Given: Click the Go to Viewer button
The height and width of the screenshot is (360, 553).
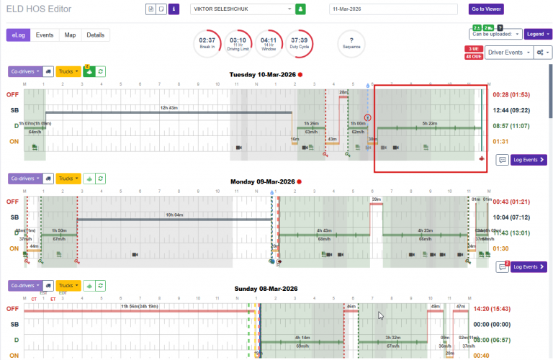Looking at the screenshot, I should (x=486, y=9).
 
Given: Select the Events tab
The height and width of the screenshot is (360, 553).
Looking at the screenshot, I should (x=45, y=35).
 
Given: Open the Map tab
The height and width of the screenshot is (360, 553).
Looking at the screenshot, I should (x=70, y=35).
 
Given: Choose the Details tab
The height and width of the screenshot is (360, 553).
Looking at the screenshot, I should (x=95, y=35).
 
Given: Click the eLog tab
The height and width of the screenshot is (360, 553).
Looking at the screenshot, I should (x=19, y=35).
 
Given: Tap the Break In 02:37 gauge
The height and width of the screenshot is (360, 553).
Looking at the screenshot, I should (x=207, y=44).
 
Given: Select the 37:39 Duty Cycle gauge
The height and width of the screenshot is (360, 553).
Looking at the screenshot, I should (x=300, y=44).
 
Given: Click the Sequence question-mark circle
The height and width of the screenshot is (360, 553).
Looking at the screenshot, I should (x=351, y=44).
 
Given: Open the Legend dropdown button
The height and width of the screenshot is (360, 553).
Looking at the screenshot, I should (x=536, y=34).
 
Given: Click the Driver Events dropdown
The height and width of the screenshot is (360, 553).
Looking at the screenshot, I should (x=508, y=53).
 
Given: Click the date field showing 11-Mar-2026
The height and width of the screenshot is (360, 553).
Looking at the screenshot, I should (x=393, y=9).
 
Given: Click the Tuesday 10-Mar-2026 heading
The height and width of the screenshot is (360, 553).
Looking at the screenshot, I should (x=262, y=74).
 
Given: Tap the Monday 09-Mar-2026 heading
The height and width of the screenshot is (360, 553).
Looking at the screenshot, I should (x=262, y=182).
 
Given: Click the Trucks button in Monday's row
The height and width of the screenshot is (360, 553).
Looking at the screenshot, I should (x=68, y=178).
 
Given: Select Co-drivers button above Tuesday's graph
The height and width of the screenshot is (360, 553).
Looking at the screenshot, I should (x=24, y=71).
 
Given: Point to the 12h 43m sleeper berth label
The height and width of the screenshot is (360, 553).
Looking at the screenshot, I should (x=168, y=107).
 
